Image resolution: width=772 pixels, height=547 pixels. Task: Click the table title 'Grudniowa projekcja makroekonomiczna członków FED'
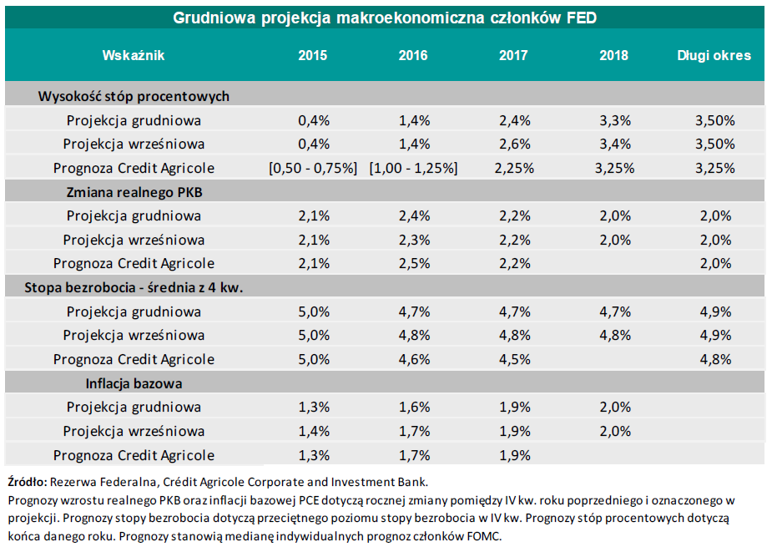385,18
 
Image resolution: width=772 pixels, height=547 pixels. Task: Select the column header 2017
513,56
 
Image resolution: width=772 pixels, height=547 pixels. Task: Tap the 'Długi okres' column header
714,56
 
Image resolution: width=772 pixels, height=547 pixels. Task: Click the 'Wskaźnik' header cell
134,56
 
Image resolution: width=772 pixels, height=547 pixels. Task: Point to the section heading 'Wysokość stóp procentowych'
134,96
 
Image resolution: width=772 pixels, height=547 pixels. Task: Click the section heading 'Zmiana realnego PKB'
134,192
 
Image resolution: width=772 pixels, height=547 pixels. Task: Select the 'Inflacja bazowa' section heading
134,384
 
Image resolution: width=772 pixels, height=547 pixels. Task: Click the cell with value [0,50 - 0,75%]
313,168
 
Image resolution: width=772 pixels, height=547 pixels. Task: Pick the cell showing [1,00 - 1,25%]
413,168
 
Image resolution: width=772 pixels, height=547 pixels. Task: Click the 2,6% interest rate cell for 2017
514,144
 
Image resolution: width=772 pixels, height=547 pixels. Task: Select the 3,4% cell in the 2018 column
614,144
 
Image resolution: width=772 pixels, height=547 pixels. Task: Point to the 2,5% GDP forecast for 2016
414,264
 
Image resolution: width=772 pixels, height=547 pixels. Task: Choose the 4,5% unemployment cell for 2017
514,360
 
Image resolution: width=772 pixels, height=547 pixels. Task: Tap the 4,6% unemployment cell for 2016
414,360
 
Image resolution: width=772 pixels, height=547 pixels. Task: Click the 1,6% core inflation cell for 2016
414,408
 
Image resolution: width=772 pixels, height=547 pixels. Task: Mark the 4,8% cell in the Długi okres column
714,360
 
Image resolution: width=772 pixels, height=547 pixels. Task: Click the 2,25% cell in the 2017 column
514,168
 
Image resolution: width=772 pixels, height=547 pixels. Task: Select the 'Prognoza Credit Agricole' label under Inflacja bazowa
134,456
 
